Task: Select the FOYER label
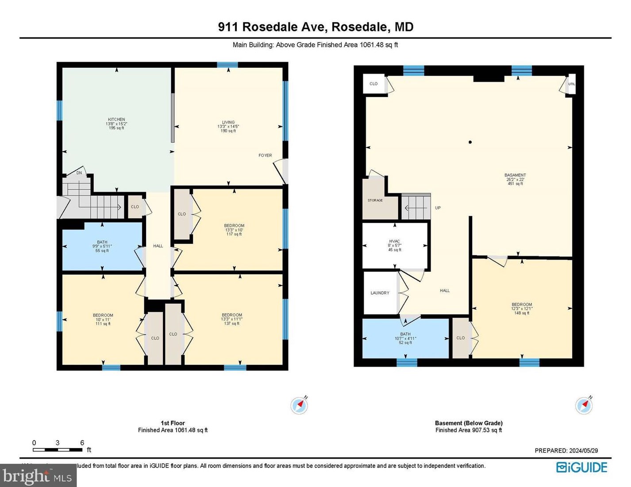point(265,156)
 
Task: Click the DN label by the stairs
point(79,173)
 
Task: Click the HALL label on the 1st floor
point(158,246)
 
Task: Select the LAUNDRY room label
point(380,293)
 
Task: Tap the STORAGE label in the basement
point(375,201)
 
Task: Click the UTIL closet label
point(572,84)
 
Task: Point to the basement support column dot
point(470,142)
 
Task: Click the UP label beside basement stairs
point(438,208)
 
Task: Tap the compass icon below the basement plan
point(583,405)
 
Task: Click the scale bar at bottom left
point(58,450)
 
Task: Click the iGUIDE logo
point(581,468)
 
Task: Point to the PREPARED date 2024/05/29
point(566,451)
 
